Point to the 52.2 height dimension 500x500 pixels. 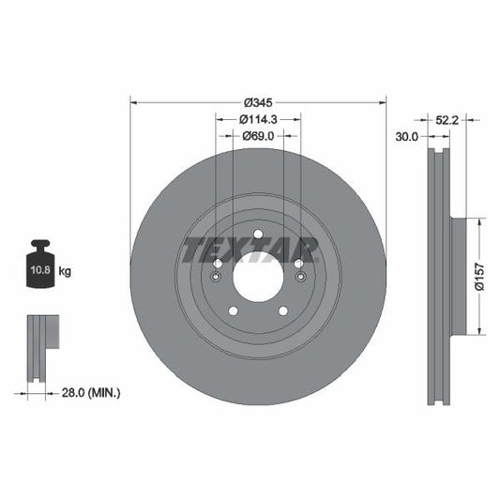(447, 119)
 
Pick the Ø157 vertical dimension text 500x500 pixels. (478, 276)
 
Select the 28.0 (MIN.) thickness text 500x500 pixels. (90, 392)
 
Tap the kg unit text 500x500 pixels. (66, 271)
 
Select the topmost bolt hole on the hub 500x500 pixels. (258, 235)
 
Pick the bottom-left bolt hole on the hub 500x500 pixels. (234, 311)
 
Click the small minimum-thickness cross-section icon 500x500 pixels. (40, 347)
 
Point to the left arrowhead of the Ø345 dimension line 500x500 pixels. (133, 101)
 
